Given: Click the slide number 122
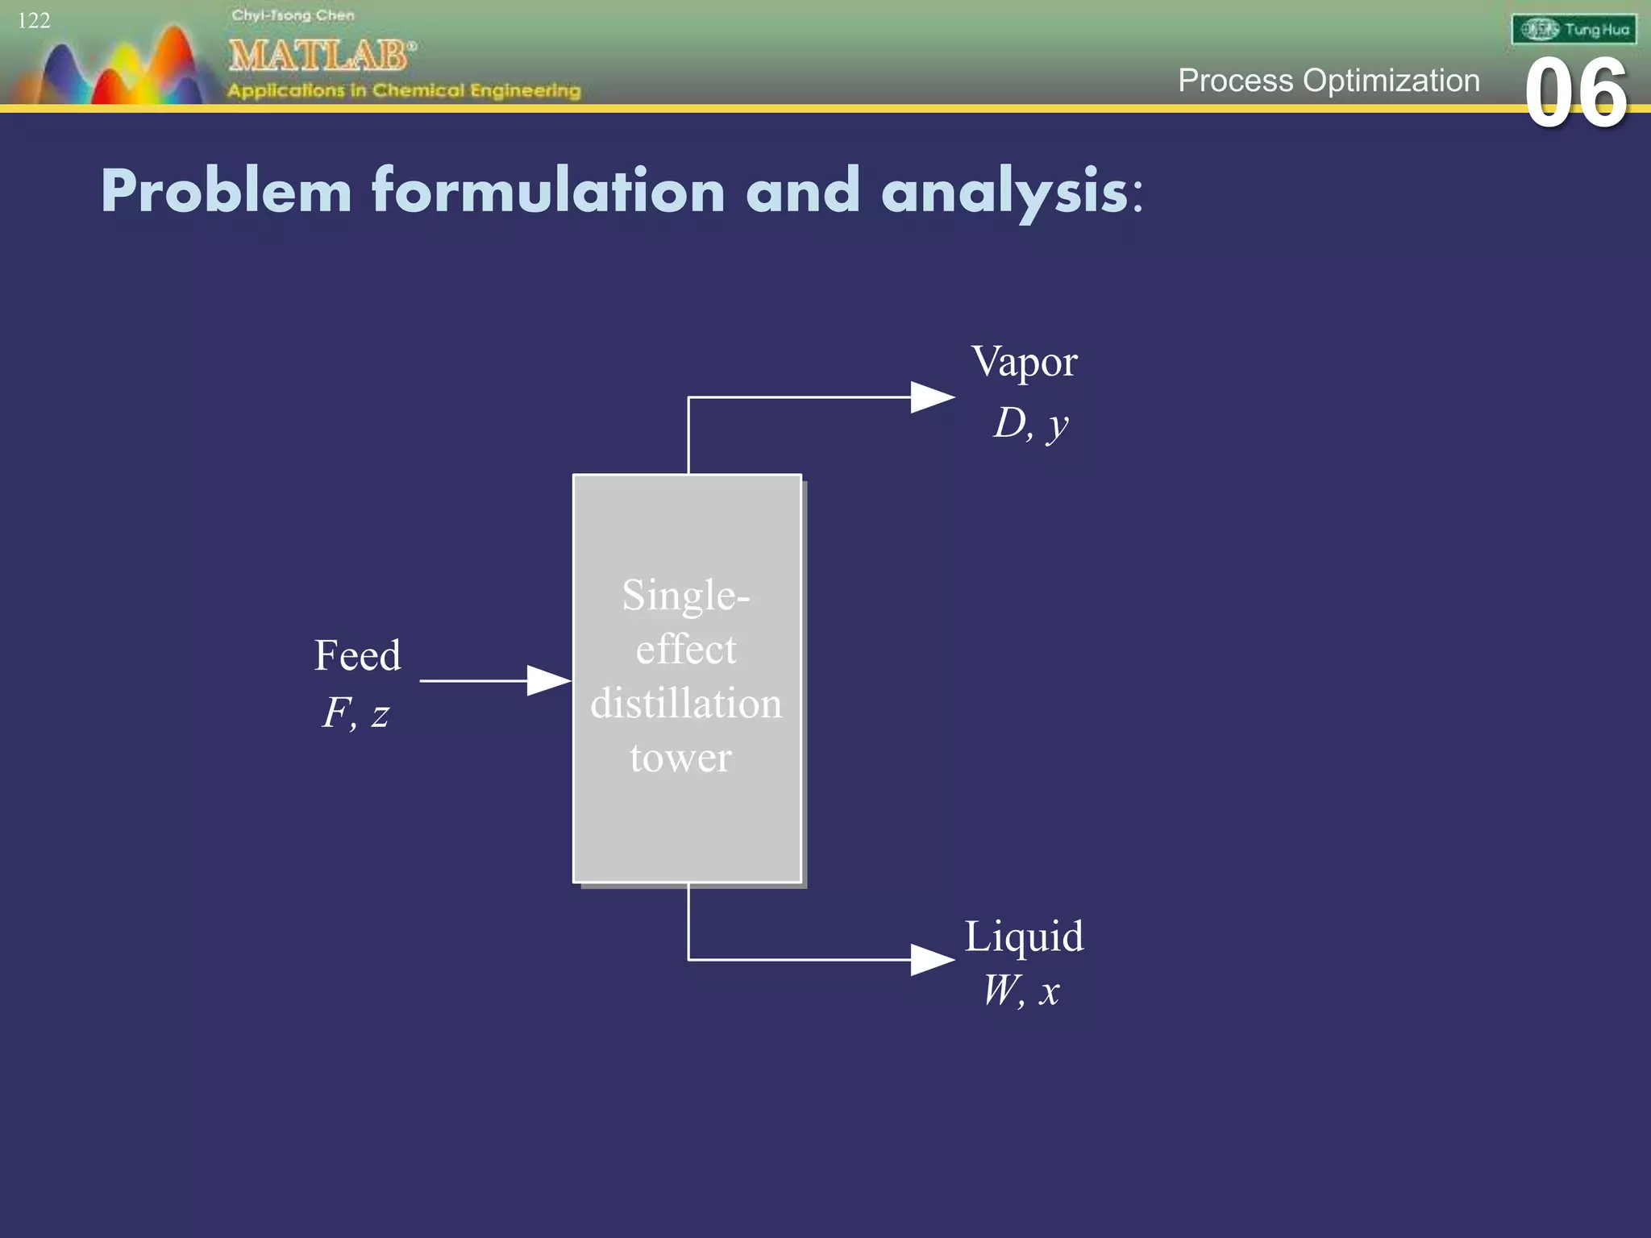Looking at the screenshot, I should point(34,20).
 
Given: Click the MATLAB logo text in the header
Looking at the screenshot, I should point(321,56).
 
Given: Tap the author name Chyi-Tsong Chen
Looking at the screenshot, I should point(293,15).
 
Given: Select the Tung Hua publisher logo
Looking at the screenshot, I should point(1574,30).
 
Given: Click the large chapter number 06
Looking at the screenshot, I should point(1575,94).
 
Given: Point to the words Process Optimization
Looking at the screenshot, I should point(1329,81).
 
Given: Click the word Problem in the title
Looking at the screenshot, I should point(227,192).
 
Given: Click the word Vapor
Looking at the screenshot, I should point(1024,362).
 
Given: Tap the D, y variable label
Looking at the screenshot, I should point(1030,423).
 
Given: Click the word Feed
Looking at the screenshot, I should point(357,654).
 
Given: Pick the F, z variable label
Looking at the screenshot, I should point(356,713).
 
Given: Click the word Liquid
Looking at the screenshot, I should point(1024,937).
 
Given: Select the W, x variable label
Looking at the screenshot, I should point(1021,991).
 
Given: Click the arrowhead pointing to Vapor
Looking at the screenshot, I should point(932,397).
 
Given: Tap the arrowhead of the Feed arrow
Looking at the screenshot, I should point(548,680).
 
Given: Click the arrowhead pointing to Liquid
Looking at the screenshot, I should point(932,959).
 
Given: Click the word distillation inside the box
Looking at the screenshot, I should point(686,704).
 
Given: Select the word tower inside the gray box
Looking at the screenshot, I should point(680,758).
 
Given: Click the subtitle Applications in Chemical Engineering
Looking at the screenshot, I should point(404,90).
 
